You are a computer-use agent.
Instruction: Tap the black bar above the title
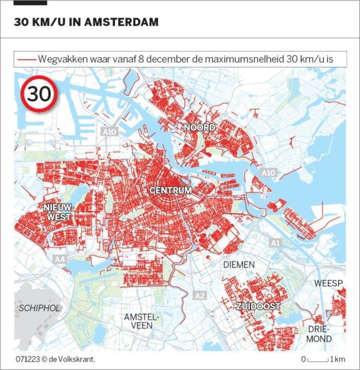pos(30,3)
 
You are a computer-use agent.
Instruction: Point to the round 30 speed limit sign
pos(39,94)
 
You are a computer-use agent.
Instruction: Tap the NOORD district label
pos(200,127)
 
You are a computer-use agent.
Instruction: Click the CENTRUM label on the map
pos(171,191)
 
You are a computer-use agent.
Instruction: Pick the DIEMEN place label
pos(239,265)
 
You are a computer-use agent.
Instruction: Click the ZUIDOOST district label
pos(258,307)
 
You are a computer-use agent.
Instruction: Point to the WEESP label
pos(328,284)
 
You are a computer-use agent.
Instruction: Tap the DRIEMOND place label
pos(319,334)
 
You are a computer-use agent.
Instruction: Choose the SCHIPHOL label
pos(40,308)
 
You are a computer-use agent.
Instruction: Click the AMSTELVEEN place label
pos(141,322)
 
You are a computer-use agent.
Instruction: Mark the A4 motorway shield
pos(60,260)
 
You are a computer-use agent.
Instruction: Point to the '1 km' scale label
pos(338,359)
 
